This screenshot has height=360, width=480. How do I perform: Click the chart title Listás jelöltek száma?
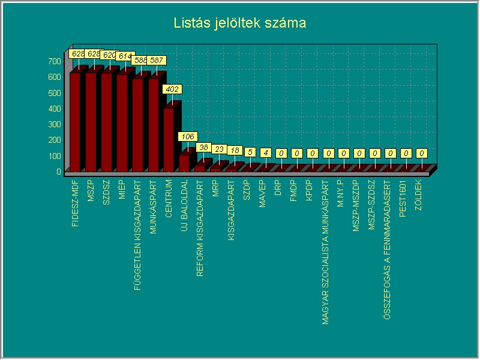[240, 23]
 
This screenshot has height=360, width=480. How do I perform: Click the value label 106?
[187, 137]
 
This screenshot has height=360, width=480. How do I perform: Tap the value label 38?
[203, 148]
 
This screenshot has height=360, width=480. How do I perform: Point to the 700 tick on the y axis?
[55, 61]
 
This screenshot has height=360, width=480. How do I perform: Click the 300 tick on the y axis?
[55, 124]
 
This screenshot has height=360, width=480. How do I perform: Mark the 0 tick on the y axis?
[59, 172]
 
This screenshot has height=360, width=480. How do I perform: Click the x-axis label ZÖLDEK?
[418, 196]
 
